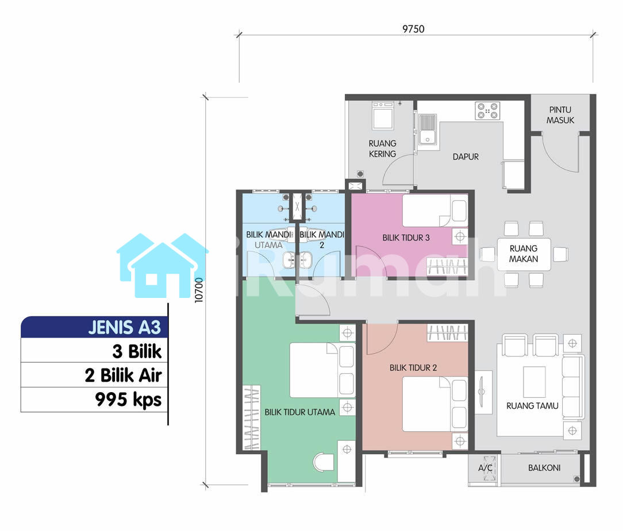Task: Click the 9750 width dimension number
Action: (x=413, y=29)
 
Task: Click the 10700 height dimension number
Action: (x=199, y=290)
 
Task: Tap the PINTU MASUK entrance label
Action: (x=560, y=115)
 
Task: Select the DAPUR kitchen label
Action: (x=466, y=157)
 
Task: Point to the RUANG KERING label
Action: (x=382, y=149)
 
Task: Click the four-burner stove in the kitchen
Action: (x=487, y=111)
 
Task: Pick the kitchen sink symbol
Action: (x=428, y=129)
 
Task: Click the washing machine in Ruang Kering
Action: (x=383, y=115)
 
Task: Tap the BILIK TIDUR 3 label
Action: (x=406, y=238)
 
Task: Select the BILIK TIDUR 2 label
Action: (x=413, y=368)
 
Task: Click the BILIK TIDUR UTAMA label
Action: (x=299, y=412)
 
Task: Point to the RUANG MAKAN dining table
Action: (x=524, y=254)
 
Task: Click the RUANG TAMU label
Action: (x=532, y=406)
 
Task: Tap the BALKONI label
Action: (x=544, y=468)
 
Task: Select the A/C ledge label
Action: (x=485, y=468)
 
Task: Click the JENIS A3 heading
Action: (x=124, y=327)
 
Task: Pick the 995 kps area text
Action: (x=128, y=399)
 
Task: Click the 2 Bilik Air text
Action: (x=123, y=375)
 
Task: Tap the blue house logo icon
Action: (x=162, y=266)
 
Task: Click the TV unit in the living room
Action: (x=482, y=392)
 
